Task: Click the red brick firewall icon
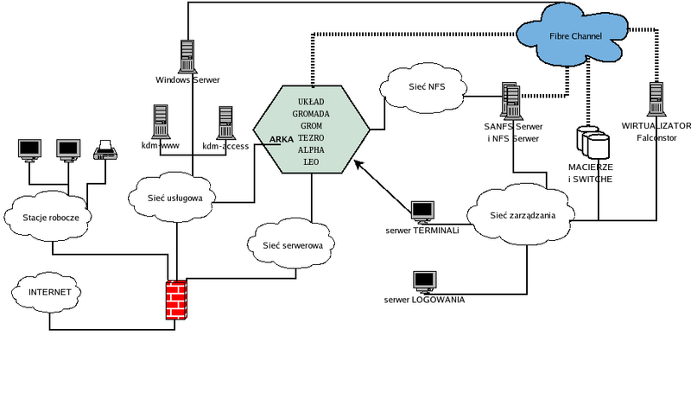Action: pyautogui.click(x=176, y=300)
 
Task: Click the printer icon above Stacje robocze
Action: pyautogui.click(x=105, y=150)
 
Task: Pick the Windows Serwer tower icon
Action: pyautogui.click(x=187, y=56)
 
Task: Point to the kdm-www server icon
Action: pyautogui.click(x=160, y=122)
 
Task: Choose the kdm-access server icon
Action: pyautogui.click(x=226, y=123)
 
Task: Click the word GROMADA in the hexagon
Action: pyautogui.click(x=311, y=113)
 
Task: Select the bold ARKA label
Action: pyautogui.click(x=282, y=138)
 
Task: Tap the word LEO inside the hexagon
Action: pyautogui.click(x=311, y=161)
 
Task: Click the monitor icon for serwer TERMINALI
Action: pyautogui.click(x=423, y=211)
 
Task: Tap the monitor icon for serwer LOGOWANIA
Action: pyautogui.click(x=424, y=281)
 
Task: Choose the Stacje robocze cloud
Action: pyautogui.click(x=52, y=217)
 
